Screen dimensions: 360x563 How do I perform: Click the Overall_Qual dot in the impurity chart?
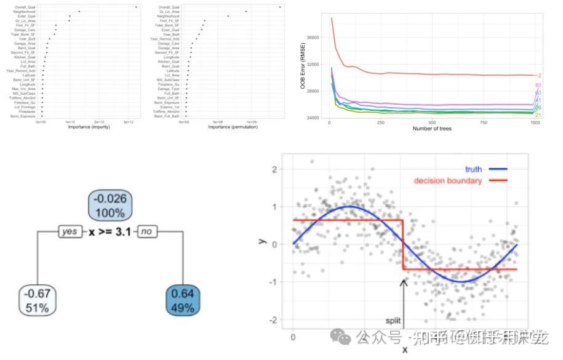[136, 7]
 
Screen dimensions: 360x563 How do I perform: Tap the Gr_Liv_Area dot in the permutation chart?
[246, 12]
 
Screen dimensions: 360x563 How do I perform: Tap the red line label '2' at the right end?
[539, 75]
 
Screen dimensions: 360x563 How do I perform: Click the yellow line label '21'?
[538, 115]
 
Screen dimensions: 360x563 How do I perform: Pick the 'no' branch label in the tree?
[146, 232]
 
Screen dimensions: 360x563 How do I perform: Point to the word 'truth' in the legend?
[474, 169]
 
